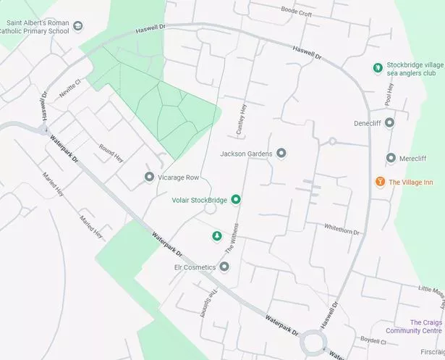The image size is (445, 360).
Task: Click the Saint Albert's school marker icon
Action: click(77, 26)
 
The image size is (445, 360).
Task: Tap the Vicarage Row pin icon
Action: click(149, 177)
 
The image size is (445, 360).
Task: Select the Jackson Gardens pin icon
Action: click(281, 154)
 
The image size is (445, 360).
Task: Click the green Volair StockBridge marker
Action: click(235, 199)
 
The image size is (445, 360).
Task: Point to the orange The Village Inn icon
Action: click(380, 181)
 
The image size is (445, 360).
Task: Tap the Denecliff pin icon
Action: click(389, 122)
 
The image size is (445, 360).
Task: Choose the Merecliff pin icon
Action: click(391, 158)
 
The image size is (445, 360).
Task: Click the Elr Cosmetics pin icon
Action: click(224, 267)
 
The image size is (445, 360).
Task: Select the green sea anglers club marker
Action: click(376, 67)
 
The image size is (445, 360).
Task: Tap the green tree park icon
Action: click(216, 236)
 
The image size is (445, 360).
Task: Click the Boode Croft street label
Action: click(296, 12)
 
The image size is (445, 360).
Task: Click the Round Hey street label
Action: click(111, 152)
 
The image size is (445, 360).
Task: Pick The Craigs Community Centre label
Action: click(425, 326)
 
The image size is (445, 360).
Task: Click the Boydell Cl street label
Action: click(373, 339)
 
